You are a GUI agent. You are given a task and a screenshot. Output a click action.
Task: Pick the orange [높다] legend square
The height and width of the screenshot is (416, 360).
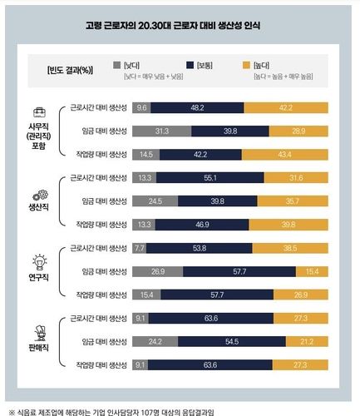point(267,63)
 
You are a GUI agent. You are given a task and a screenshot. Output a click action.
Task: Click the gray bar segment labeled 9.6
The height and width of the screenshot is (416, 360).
point(141,106)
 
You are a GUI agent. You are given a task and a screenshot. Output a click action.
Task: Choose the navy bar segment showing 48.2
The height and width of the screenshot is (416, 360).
point(198,106)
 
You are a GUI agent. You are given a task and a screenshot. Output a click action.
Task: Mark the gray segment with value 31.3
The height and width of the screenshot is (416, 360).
point(162,131)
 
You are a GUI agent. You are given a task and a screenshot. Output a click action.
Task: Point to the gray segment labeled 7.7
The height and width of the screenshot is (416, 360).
point(139,248)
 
